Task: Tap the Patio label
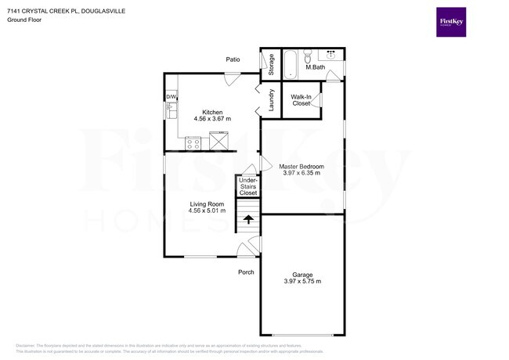[x=233, y=59]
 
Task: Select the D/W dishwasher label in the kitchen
[x=170, y=97]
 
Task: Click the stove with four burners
[x=193, y=142]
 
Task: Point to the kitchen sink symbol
[x=170, y=111]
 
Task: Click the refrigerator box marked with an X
[x=218, y=142]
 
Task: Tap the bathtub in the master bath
[x=290, y=65]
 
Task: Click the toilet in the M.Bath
[x=309, y=57]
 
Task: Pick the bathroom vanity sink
[x=331, y=56]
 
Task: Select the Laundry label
[x=271, y=101]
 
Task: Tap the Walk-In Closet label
[x=301, y=99]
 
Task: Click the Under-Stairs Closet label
[x=248, y=187]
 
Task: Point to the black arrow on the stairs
[x=248, y=219]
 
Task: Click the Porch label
[x=247, y=272]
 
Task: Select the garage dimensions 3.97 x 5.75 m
[x=302, y=281]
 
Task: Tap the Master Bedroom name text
[x=301, y=166]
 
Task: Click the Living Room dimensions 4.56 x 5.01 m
[x=207, y=211]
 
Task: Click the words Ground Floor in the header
[x=24, y=20]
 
